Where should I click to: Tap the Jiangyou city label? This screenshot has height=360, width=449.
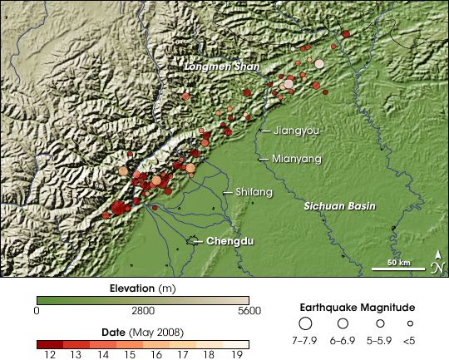[296, 131]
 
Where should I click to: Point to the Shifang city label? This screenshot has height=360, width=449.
[253, 192]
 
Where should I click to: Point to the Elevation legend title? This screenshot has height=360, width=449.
[142, 288]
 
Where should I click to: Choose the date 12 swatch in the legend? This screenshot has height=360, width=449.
[50, 343]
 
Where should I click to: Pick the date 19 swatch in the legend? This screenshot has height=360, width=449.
[236, 343]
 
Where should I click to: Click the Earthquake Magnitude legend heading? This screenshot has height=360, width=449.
[358, 307]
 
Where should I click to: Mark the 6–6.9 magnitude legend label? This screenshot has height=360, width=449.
[343, 340]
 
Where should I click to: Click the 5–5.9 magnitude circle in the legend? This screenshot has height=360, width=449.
[379, 323]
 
